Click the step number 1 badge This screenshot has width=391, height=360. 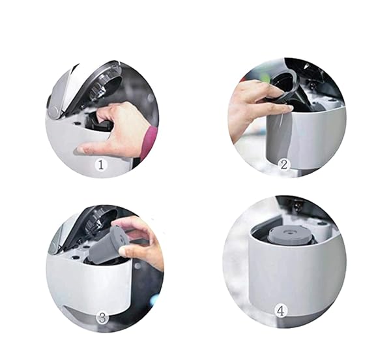coord(100,165)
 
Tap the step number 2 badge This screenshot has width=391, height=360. coord(284,164)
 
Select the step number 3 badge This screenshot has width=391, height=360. coord(102,318)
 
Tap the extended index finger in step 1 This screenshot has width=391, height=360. coord(91,148)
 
